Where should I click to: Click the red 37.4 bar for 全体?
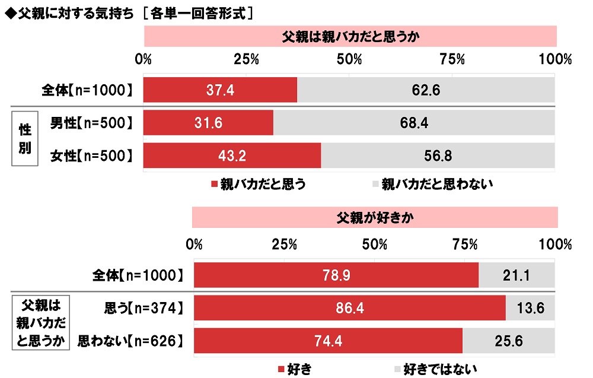[x=220, y=90]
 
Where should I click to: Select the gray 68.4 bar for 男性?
[x=414, y=123]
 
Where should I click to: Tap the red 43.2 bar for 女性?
[x=232, y=155]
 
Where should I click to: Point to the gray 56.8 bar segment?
[x=438, y=155]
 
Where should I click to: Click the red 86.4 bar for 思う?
[x=350, y=308]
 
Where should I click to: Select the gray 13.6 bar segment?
[x=530, y=308]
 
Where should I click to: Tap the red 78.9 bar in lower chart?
[x=336, y=275]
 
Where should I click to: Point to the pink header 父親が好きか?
[x=375, y=217]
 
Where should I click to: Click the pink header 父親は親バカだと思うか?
[x=350, y=36]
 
